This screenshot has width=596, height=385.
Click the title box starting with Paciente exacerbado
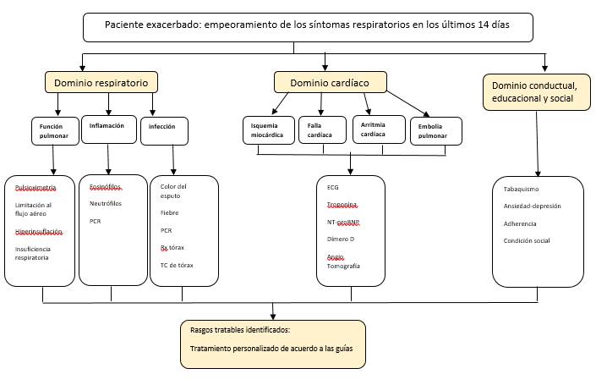[307, 28]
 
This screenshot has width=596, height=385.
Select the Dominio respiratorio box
[101, 82]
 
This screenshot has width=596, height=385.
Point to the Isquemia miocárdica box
[265, 129]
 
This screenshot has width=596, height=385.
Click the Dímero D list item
[340, 239]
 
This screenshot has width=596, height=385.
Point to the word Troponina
[342, 205]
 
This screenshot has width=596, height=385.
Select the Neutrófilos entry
[107, 203]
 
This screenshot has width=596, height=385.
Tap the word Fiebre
[169, 212]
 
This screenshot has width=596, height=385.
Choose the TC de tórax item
[177, 265]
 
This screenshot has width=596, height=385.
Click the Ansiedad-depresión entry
[532, 206]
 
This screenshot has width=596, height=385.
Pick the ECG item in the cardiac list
[332, 187]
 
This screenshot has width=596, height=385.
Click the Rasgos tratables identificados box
[273, 344]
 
